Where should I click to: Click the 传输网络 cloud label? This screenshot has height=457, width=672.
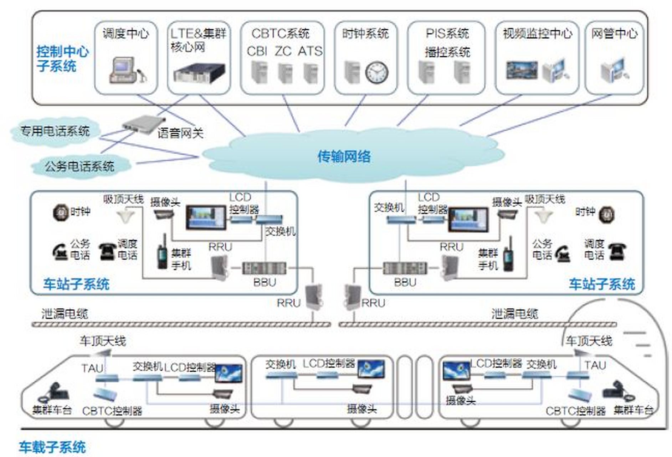coord(344,156)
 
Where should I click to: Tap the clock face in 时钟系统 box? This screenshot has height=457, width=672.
coord(376,72)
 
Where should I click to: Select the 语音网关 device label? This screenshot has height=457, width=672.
coord(180,133)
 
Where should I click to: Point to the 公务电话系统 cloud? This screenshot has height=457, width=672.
coord(79,166)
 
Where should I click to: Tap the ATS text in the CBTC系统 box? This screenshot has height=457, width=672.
coord(310,51)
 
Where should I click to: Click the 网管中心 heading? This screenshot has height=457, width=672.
coord(614,34)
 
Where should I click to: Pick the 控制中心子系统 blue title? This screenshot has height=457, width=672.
coord(62,59)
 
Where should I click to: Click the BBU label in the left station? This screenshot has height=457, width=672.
coord(265,282)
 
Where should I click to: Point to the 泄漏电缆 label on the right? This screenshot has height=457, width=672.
coord(514,314)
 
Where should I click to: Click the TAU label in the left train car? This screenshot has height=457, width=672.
coord(92,368)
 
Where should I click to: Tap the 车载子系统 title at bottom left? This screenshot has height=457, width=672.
coord(52,447)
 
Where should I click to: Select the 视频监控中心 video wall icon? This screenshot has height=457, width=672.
coord(522,70)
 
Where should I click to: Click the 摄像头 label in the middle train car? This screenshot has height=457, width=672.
coord(361,408)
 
